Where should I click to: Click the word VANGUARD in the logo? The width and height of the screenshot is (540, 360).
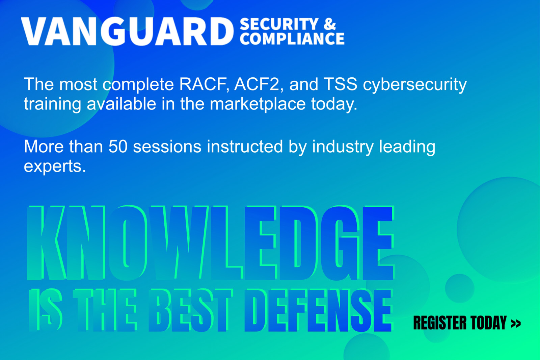(x=128, y=31)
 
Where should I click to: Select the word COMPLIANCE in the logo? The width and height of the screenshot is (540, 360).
(x=292, y=38)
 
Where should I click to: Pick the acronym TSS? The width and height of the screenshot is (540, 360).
(x=340, y=84)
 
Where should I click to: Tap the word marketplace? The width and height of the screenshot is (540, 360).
(x=258, y=105)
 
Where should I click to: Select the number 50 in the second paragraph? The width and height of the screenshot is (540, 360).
(x=118, y=147)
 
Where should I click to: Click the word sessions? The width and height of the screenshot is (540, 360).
(x=167, y=147)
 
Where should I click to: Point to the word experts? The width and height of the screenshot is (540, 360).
(x=55, y=167)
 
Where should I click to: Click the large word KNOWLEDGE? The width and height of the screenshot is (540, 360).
(x=210, y=243)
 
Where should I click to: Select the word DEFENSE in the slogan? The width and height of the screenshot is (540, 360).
(x=319, y=310)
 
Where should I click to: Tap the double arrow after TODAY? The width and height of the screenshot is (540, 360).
(x=516, y=324)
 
